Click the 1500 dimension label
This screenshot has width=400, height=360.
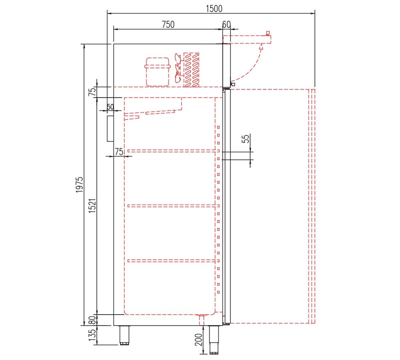point(214,9)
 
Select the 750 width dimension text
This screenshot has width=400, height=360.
point(168,25)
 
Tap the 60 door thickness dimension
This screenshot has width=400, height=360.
point(226,25)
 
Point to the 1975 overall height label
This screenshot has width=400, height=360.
point(79,184)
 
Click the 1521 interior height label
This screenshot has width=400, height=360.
point(92,206)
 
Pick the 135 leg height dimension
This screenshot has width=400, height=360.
point(92,335)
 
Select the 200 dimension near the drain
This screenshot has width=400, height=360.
point(198,340)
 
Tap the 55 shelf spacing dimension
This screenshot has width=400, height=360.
point(245,139)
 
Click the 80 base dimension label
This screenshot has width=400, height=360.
point(92,320)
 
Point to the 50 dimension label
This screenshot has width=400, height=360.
point(110,107)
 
